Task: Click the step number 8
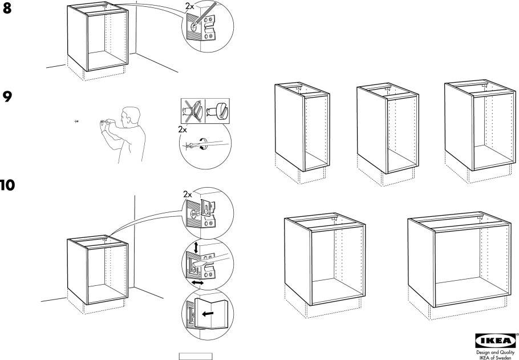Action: click(x=8, y=9)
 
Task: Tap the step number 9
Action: click(x=8, y=97)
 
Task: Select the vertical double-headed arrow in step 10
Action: click(x=197, y=248)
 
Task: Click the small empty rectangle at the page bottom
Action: click(x=196, y=357)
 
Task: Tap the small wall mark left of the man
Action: click(x=76, y=122)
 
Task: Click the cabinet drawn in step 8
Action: click(x=96, y=40)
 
